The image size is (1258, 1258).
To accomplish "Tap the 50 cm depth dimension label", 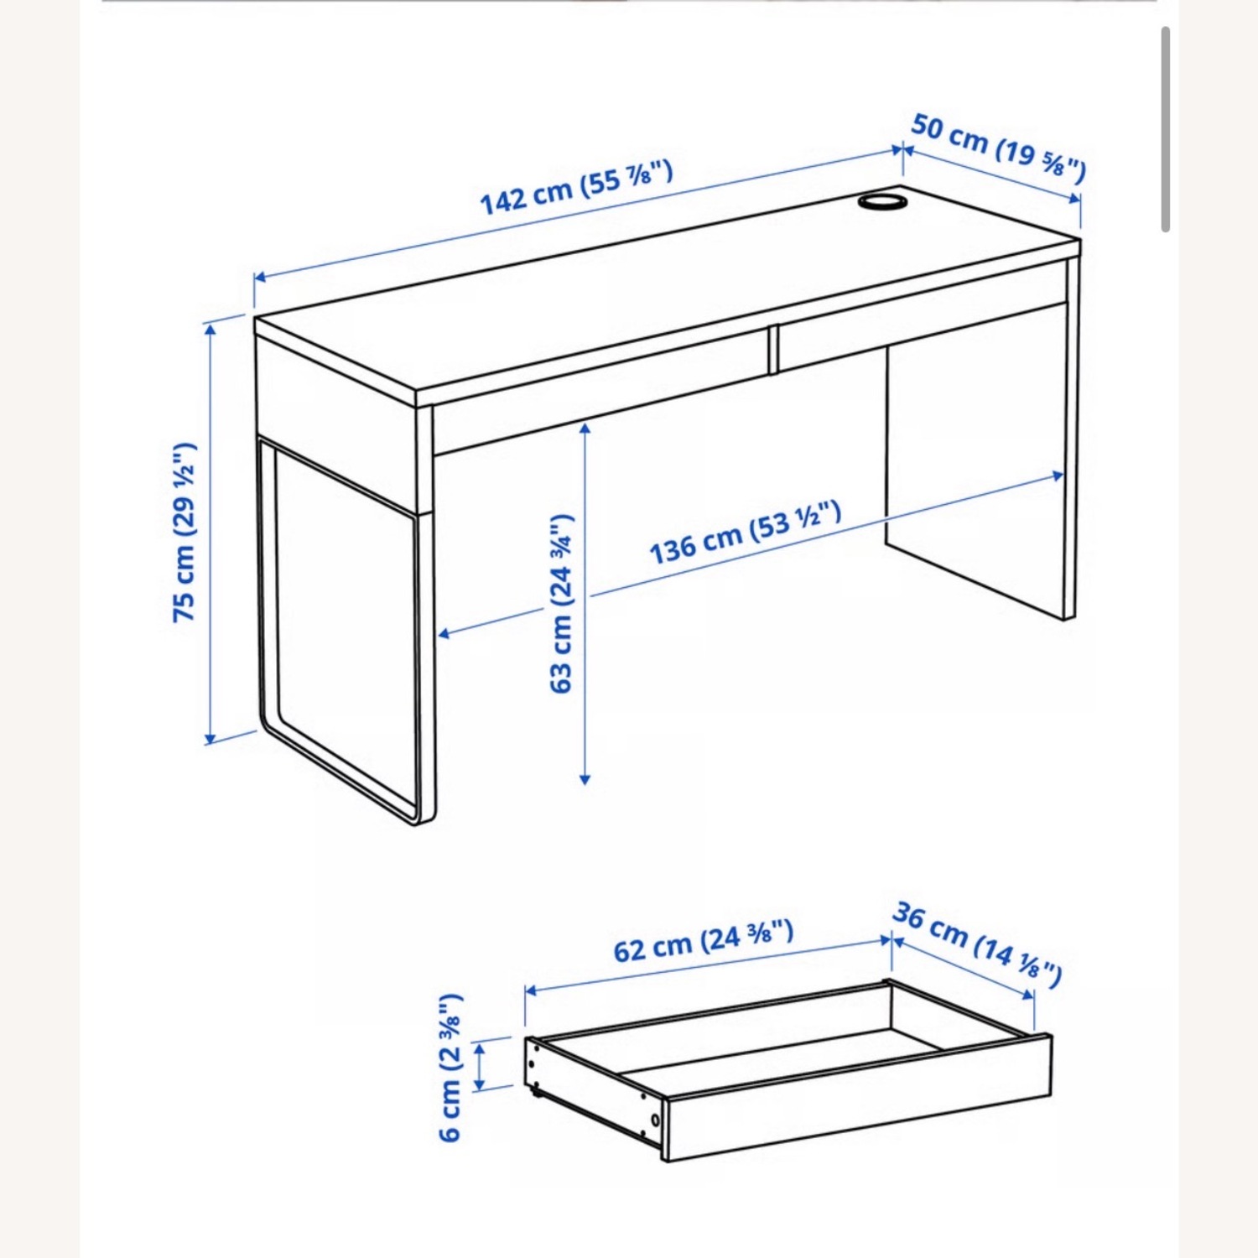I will (998, 148).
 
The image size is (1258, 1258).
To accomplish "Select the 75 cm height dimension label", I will (185, 532).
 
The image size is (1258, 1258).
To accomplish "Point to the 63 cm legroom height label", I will (560, 604).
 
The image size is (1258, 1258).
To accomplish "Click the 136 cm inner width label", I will (745, 533).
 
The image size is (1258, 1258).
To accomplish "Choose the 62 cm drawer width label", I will (703, 942).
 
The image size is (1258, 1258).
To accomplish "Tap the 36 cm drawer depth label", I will (977, 943).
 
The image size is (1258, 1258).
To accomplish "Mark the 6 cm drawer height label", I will (450, 1067).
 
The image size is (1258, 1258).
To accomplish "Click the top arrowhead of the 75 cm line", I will (210, 328).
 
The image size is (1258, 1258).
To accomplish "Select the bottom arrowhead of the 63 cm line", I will (585, 779).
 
